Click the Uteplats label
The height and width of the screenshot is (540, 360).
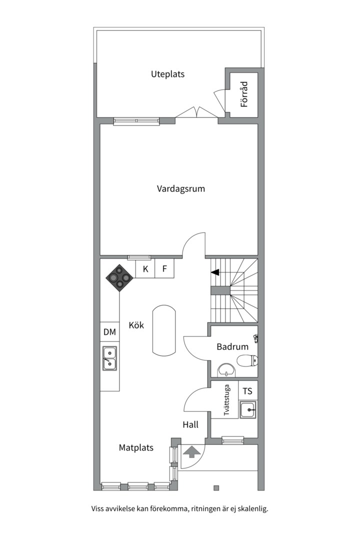click(168, 74)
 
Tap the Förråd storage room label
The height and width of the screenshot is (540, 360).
click(244, 94)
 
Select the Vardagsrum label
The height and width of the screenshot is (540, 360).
click(181, 188)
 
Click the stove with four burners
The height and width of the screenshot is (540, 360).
click(119, 277)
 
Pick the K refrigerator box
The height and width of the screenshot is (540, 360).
click(145, 268)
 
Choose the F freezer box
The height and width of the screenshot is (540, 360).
click(164, 268)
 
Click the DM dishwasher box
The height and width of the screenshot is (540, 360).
click(109, 331)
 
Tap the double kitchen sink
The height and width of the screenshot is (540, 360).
click(109, 358)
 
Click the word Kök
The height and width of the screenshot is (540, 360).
click(136, 325)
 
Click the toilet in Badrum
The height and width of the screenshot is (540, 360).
click(247, 360)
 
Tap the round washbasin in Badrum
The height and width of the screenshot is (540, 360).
click(226, 370)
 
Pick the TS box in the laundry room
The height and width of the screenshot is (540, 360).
click(247, 390)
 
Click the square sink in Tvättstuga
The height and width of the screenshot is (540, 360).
click(248, 409)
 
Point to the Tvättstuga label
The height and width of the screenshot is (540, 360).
click(226, 399)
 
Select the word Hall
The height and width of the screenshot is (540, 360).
click(190, 424)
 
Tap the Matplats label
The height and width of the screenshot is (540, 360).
click(136, 447)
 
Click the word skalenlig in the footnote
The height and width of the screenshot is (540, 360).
click(253, 508)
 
